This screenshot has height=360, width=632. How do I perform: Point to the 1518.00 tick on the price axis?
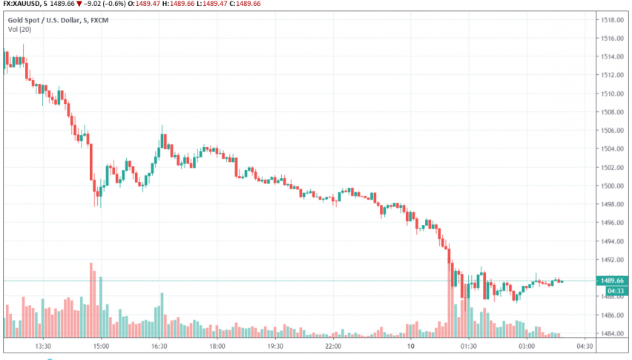coord(610,19)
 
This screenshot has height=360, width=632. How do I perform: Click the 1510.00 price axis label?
coord(610,94)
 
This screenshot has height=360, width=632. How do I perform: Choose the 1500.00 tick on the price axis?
coord(610,186)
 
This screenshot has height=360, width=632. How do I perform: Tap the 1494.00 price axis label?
coord(610,241)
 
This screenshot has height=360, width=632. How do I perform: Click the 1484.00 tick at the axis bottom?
coord(610,333)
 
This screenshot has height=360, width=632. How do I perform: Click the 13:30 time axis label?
coord(42,346)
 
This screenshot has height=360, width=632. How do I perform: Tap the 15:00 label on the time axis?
coord(101,346)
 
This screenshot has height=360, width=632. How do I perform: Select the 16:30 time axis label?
coord(159,346)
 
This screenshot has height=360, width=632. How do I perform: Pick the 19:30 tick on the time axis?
coord(275,346)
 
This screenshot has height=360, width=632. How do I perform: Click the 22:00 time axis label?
coord(333,346)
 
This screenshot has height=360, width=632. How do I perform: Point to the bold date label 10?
coord(410,346)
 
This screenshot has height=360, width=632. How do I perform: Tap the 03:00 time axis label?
coord(527,346)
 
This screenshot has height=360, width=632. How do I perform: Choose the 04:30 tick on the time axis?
coord(585,346)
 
